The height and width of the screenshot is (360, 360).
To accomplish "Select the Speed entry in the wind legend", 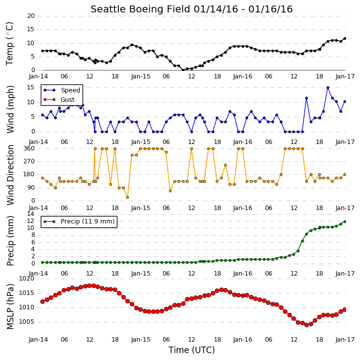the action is pos(70,90).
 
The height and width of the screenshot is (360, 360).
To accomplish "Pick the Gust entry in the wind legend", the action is pos(68,100).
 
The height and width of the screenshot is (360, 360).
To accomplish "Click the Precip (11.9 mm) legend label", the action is pos(88,221).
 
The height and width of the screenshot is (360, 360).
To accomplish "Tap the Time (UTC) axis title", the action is pos(191,350).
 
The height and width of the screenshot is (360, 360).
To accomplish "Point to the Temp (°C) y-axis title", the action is pos(9,44).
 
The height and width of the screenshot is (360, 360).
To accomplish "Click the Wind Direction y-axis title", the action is pos(10,175).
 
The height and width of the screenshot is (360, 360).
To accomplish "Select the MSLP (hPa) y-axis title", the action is pos(10,306).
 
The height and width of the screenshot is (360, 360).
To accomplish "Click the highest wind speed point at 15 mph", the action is pos(328,88).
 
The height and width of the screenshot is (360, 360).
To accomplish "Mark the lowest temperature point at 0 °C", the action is pos(183,70).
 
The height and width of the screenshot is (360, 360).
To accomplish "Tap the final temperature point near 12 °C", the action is pos(345,39).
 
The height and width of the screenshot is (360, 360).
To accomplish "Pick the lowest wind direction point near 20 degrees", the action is pos(127,197).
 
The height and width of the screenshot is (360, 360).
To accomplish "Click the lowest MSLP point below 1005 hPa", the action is pos(306,325).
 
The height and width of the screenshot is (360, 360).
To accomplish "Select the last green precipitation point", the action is pos(345,222).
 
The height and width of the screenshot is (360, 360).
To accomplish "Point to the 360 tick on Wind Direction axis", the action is pos(29,148).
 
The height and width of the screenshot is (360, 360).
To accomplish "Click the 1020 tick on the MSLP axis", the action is pos(26,279).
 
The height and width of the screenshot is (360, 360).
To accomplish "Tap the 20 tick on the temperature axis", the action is pos(31,16).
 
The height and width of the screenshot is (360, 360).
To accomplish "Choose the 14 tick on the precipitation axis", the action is pos(31,214).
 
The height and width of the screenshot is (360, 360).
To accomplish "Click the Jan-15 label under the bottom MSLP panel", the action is pos(140,340).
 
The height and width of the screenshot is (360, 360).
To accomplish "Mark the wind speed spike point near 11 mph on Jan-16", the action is pos(306,98).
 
